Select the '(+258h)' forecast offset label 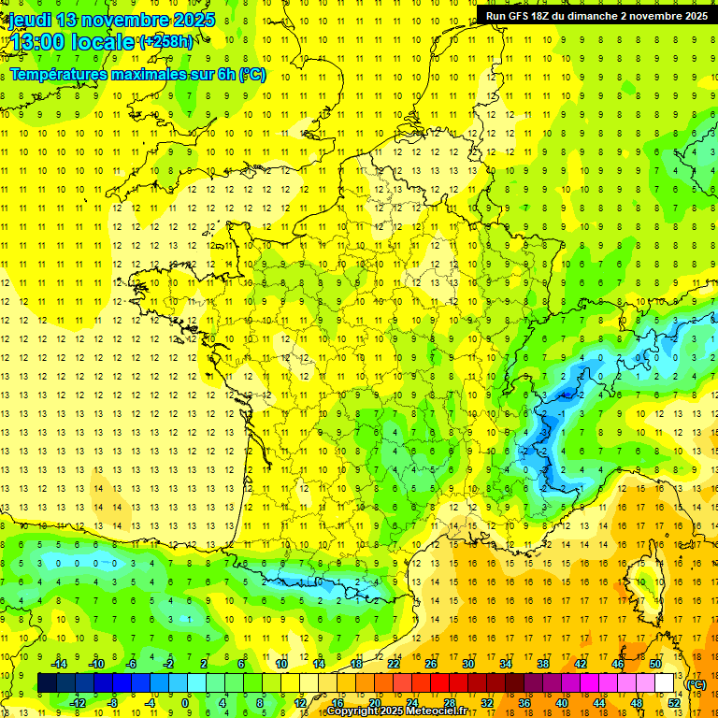point(166,42)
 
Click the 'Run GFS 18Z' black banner point(596,16)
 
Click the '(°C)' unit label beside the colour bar point(696,684)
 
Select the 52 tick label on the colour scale point(673,702)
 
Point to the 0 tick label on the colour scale point(185,702)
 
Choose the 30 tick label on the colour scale point(467,664)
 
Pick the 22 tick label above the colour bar point(394,664)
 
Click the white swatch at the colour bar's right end point(664,683)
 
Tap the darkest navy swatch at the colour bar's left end point(47,683)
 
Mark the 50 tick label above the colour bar point(654,664)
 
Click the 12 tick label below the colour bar point(299,702)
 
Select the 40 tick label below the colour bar point(561,702)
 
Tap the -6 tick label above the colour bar point(132,664)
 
